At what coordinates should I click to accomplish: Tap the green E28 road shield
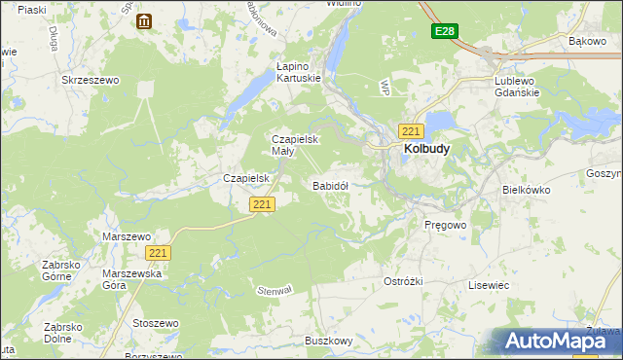pos(445,32)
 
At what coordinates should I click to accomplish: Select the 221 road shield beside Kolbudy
pos(410,131)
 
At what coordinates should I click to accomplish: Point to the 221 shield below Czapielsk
pos(262,204)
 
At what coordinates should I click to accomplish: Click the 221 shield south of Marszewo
pos(160,253)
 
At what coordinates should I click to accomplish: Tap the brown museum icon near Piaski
pos(144,21)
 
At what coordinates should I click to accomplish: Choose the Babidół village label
pos(330,185)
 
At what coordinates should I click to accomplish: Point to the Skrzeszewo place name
pos(90,81)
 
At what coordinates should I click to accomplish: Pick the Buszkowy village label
pos(328,341)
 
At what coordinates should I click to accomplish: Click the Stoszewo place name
pos(157,323)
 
